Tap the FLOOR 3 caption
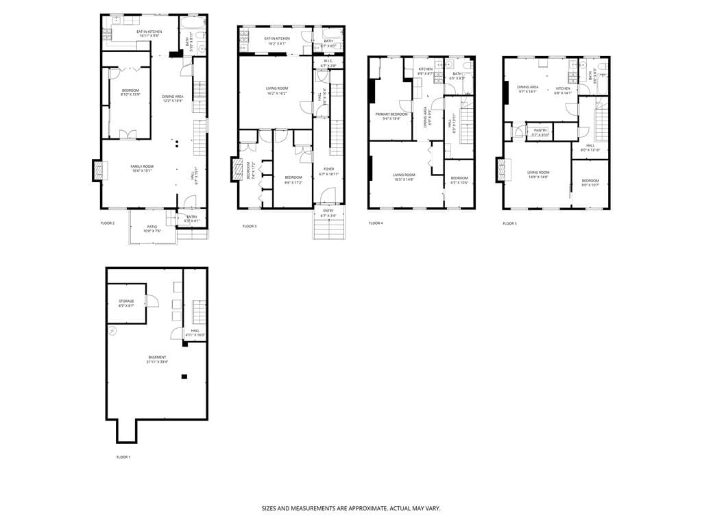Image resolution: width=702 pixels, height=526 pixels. pos(250,227)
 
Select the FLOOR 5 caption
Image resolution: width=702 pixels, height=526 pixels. pos(509,223)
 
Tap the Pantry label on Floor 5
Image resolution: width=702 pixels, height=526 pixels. pos(540,131)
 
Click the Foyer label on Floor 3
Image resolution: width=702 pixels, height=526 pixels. pos(328,172)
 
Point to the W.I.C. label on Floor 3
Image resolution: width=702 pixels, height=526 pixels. pos(328,63)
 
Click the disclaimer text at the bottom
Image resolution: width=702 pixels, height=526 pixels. pos(350,509)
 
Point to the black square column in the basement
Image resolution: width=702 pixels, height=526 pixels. pos(184,376)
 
